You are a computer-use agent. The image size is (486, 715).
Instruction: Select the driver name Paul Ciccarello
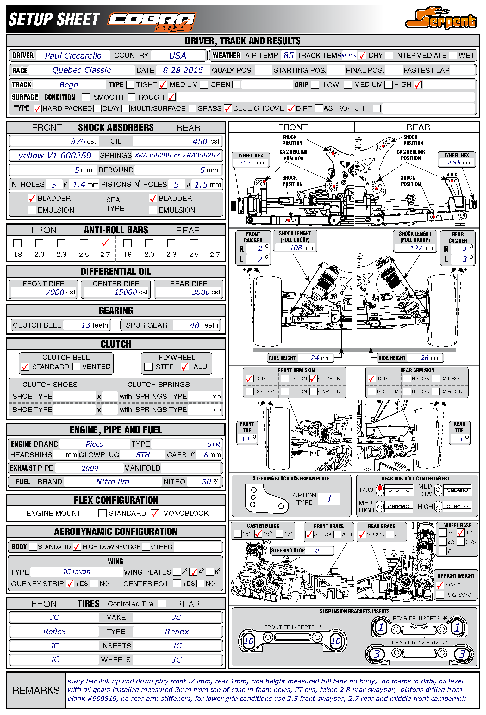tap(73, 56)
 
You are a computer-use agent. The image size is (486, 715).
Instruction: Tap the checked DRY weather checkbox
tap(362, 56)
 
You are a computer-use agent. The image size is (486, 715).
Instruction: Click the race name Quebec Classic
tap(81, 70)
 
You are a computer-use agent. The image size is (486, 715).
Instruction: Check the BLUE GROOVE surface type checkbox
tap(228, 108)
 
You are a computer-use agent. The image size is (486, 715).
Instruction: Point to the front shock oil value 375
tap(78, 141)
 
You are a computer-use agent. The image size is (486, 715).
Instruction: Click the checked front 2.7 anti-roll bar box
tap(105, 243)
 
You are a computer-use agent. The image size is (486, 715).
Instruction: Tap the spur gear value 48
tap(195, 325)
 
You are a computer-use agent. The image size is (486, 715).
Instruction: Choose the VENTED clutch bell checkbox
tap(76, 367)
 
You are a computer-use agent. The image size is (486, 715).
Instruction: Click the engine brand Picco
tap(94, 444)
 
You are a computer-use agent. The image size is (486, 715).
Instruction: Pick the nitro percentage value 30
tap(207, 482)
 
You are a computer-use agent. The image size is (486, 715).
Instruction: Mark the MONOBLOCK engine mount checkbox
tap(155, 513)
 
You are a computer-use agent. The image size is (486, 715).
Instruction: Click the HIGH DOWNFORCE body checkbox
tap(77, 547)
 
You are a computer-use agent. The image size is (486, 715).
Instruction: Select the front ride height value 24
tap(315, 358)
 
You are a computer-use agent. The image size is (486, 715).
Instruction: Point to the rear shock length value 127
tap(416, 248)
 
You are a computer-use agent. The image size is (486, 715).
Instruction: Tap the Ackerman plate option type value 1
tap(329, 499)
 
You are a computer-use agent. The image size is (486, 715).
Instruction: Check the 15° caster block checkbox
tap(258, 534)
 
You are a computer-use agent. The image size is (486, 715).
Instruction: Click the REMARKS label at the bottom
tap(36, 690)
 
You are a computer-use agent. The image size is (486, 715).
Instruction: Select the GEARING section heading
tap(116, 311)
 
